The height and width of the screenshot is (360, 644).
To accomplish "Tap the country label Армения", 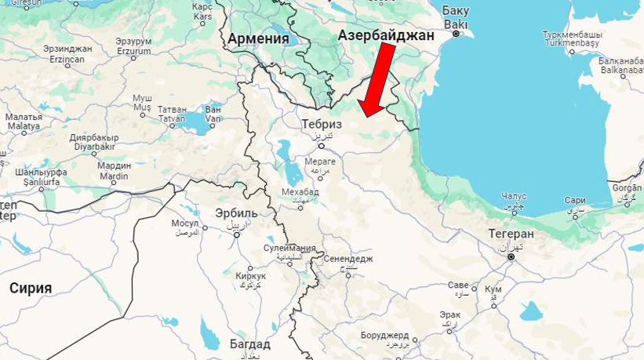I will point(258,38).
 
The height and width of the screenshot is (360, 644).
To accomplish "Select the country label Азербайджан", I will point(385,36).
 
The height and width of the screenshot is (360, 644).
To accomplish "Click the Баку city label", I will point(455,11).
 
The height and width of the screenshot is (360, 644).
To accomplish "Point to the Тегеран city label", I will point(511,234).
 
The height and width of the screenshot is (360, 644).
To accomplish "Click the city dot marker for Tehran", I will point(511,256).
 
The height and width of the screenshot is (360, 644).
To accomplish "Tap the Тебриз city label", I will point(322,124).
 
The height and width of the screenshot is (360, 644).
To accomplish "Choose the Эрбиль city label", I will point(236,213).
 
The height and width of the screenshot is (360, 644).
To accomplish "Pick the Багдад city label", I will point(249,344).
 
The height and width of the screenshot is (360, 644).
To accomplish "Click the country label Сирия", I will point(31,288).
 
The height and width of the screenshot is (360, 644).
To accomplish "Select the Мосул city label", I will point(186,223).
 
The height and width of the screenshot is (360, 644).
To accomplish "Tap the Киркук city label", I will point(250,276).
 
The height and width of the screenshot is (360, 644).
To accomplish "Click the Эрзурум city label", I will point(133,41).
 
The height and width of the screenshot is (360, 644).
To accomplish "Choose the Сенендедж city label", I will point(347,258).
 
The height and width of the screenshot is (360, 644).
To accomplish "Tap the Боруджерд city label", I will point(385,335).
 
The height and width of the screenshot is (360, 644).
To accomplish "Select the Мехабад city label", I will point(300,191).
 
